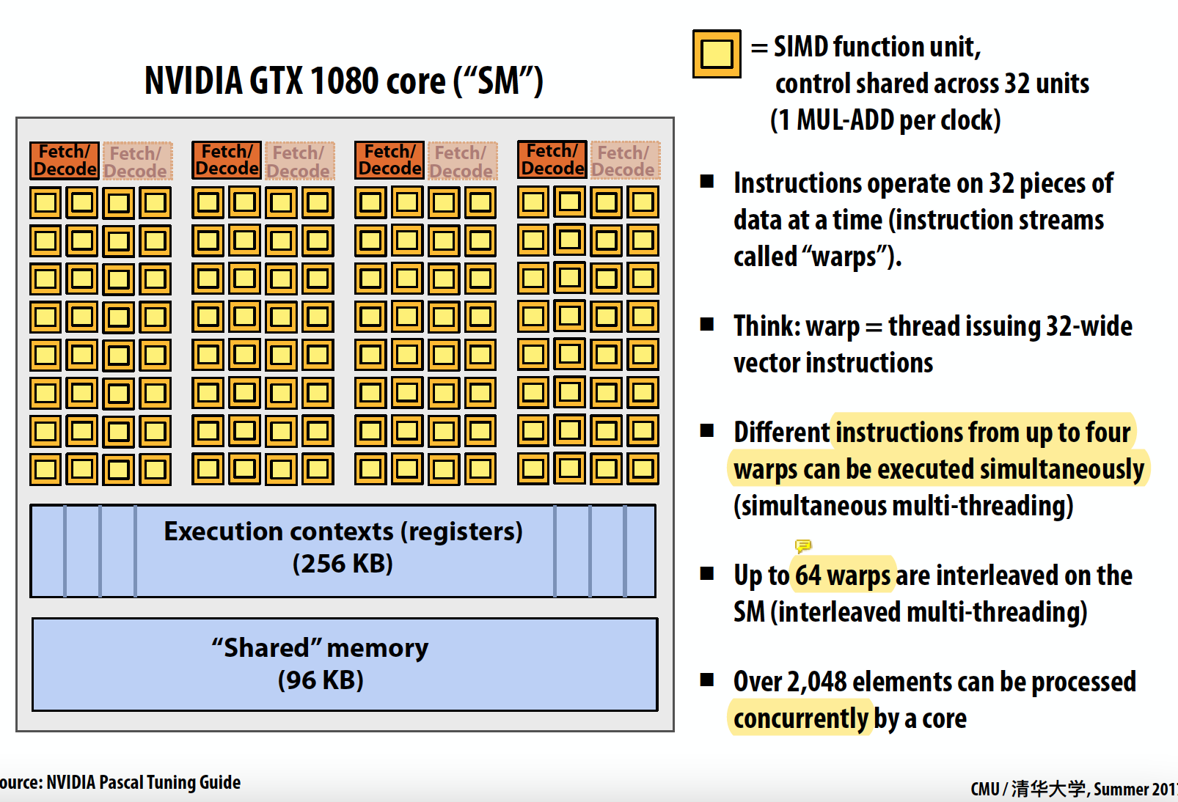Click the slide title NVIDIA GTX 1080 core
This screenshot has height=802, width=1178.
pos(343,81)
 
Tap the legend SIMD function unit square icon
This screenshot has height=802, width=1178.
pos(717,54)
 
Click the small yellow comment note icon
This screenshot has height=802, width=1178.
pos(803,545)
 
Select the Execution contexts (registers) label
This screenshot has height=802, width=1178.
pos(343,531)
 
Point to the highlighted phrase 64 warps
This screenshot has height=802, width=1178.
pos(843,576)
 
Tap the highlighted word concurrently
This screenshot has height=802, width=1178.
pos(801,718)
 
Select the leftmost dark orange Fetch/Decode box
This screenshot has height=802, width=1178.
pos(65,161)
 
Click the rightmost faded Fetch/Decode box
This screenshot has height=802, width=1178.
pos(624,161)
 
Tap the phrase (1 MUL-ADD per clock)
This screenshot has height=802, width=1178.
pos(885,120)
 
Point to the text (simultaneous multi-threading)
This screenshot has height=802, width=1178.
pos(903,506)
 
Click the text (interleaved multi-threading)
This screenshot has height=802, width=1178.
pos(929,612)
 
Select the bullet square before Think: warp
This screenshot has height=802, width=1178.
pos(707,324)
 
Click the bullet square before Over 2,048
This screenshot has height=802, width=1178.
pos(707,680)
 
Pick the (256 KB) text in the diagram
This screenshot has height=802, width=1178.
pos(343,564)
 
